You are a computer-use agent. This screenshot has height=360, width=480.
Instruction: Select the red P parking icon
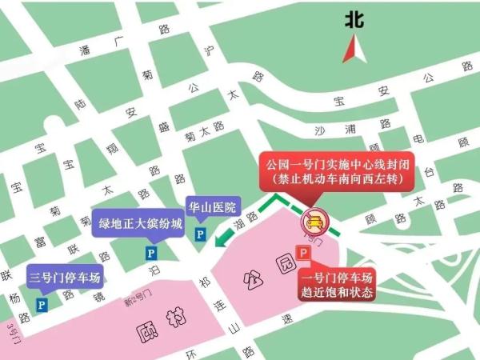(304, 252)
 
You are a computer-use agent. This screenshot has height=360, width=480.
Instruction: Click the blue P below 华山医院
(200, 234)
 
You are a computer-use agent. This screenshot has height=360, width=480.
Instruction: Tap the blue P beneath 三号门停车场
(42, 304)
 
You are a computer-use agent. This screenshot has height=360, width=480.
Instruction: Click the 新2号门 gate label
(138, 302)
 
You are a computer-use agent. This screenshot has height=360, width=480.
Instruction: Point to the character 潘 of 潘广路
(84, 50)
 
